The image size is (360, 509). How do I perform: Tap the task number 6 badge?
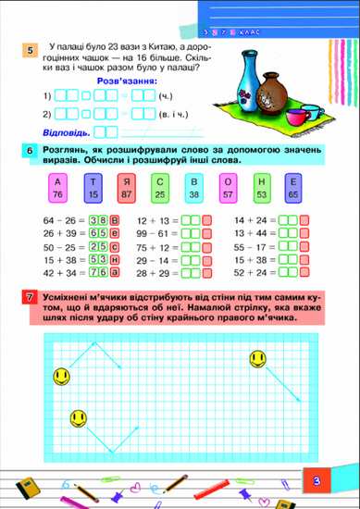click(31, 152)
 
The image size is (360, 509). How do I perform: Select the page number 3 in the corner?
click(316, 480)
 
